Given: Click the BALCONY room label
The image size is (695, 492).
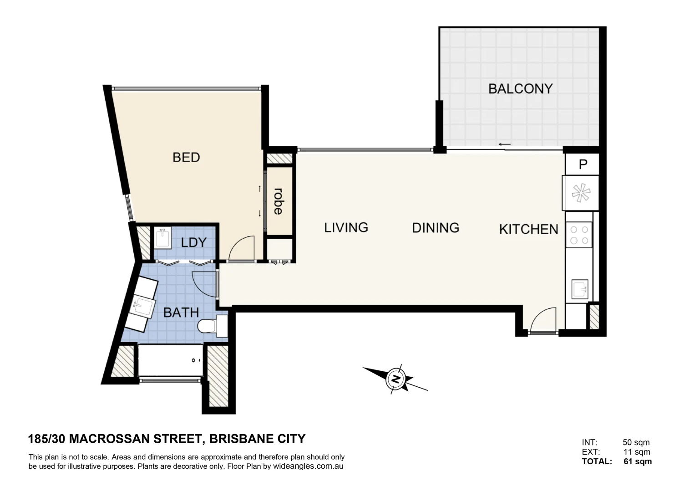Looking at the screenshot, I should coord(520,88).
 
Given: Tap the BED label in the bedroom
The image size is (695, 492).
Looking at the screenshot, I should coord(186,158).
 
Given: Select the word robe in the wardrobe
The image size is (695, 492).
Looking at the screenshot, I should coord(278,201).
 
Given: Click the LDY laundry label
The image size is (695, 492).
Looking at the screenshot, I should coord(193,242).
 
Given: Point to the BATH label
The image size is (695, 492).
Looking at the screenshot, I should coord(181,313).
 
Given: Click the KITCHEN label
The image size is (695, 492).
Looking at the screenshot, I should coord(528,229).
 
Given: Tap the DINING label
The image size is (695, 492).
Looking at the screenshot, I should coord(436,228).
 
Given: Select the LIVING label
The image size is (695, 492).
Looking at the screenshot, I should coord(346,227).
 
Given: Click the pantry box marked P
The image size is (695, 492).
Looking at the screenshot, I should coord(582,164).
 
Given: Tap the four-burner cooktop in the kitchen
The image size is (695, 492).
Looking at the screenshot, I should coord(579,235).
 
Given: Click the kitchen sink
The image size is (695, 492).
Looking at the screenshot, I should coord(580,289).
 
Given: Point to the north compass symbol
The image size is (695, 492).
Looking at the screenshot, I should coord(396,379).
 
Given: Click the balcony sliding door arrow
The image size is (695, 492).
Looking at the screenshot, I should coord(504,145).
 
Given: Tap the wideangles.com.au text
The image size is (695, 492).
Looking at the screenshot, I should coord(308,466).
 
